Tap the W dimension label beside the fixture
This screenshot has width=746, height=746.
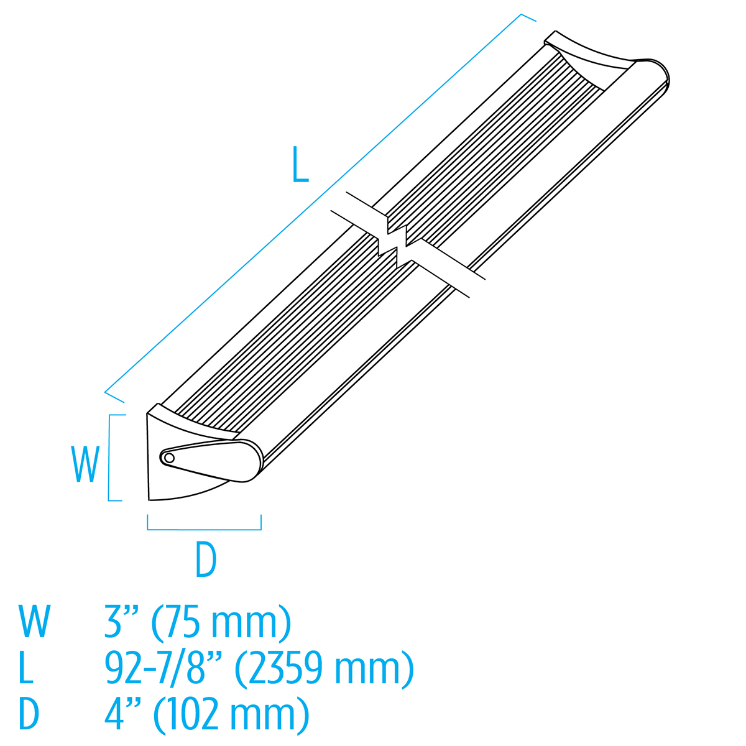click(85, 464)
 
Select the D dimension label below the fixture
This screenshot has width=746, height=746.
click(206, 559)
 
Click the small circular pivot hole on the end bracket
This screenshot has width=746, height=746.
click(168, 458)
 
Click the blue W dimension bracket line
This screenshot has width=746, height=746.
click(110, 458)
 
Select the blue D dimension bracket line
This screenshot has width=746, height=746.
click(204, 529)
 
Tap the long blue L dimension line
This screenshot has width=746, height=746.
click(311, 205)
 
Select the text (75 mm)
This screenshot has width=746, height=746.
click(221, 622)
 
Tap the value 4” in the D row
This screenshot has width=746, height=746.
click(121, 714)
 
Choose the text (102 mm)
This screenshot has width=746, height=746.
click(231, 714)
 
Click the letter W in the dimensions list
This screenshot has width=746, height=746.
click(34, 622)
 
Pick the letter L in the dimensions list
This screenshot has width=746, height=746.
click(26, 668)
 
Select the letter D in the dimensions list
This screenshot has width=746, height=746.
click(29, 714)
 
